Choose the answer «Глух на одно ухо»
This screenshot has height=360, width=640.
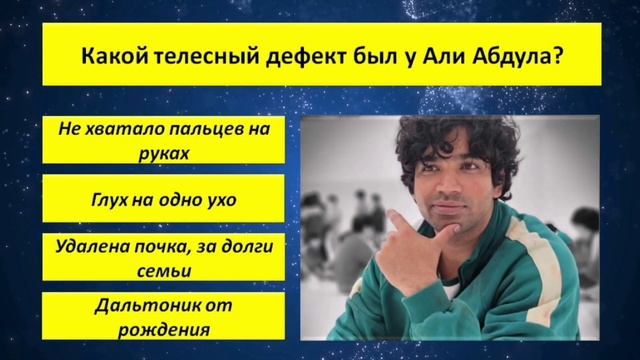[164, 200]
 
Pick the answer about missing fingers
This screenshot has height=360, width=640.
[164, 141]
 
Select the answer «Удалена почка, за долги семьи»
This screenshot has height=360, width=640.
[164, 258]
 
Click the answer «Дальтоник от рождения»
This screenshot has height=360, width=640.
[164, 316]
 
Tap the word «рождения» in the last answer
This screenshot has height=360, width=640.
[164, 328]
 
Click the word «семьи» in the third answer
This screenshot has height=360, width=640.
[164, 270]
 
